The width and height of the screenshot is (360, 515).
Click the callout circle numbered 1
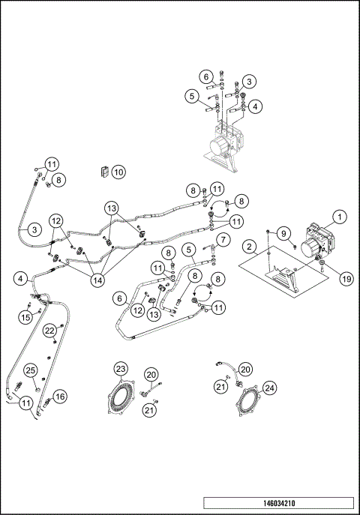click(x=339, y=217)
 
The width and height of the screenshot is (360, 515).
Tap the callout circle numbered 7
click(x=223, y=240)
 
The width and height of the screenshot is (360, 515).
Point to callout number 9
click(x=284, y=233)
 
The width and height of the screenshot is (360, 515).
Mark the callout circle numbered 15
click(x=25, y=317)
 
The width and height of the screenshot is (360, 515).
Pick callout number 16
click(x=60, y=396)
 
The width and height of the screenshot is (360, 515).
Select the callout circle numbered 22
click(x=49, y=331)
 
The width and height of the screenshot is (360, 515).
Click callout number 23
click(x=121, y=368)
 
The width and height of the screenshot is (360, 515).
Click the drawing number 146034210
click(x=277, y=503)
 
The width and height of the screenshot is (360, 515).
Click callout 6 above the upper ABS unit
click(x=205, y=76)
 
